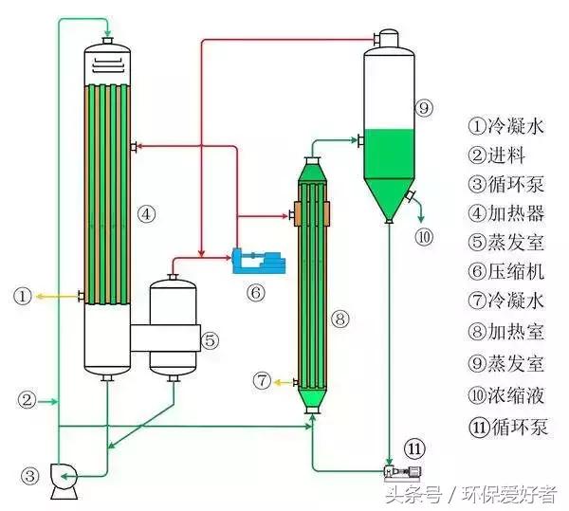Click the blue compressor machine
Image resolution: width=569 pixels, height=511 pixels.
click(x=258, y=261)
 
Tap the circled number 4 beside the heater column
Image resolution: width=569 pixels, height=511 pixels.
click(x=146, y=214)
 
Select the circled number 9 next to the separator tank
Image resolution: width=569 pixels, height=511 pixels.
click(x=424, y=108)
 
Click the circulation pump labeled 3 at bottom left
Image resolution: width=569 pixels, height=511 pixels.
click(x=64, y=481)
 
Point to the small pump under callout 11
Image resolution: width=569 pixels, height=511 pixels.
click(x=403, y=472)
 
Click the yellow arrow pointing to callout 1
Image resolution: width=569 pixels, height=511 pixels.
click(x=57, y=297)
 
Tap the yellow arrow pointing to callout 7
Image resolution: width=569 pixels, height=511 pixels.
click(x=284, y=382)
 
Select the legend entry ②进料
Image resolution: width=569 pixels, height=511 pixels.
click(x=497, y=155)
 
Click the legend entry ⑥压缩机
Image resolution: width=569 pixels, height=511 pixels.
click(x=506, y=272)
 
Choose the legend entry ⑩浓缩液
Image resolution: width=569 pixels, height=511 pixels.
click(x=506, y=395)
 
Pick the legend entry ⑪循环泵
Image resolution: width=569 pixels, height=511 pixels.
click(x=508, y=427)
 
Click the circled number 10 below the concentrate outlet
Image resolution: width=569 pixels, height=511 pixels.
click(x=424, y=238)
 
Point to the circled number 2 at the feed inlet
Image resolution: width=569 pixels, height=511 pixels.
click(x=28, y=400)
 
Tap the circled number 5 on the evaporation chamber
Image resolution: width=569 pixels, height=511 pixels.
click(x=211, y=340)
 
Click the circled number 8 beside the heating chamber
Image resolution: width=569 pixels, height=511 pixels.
click(x=340, y=319)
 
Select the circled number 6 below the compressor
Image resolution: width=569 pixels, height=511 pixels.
click(x=256, y=292)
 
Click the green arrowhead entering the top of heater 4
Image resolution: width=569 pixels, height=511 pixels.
click(x=108, y=29)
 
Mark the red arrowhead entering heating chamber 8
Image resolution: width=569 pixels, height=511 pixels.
click(x=284, y=216)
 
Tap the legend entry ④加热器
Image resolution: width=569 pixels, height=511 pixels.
click(x=506, y=213)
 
